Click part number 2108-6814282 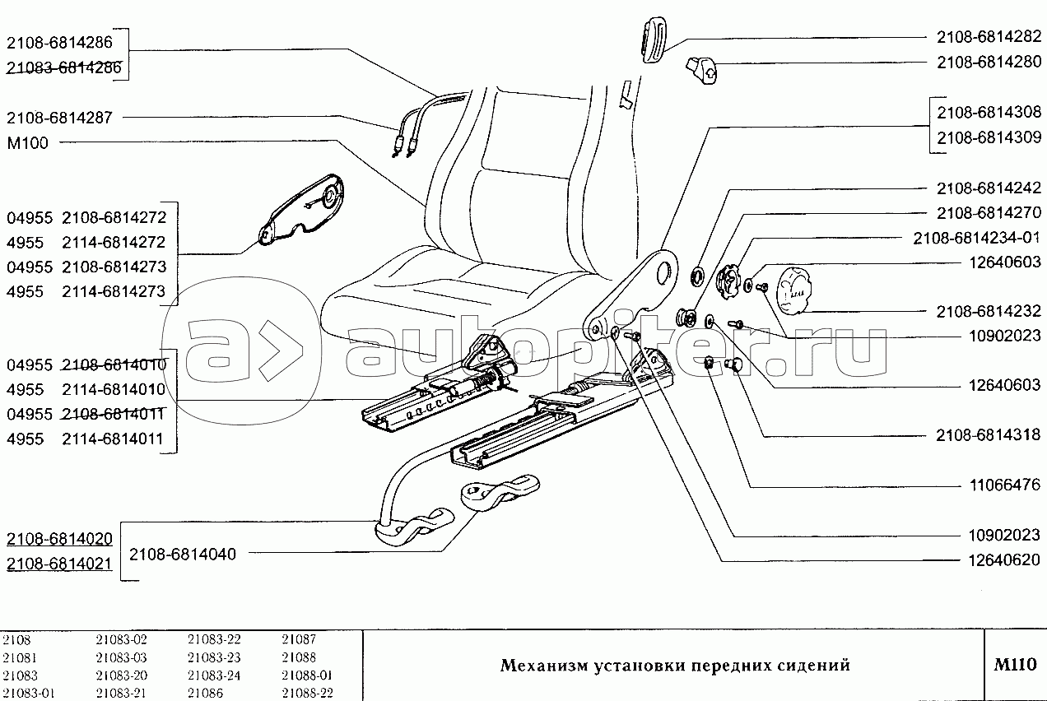pos(989,37)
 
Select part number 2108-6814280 pos(989,63)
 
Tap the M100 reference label pos(28,143)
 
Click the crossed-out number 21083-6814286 pos(64,67)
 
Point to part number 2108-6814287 pos(59,118)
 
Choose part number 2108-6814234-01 pos(977,239)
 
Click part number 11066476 pos(1005,485)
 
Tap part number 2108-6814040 pos(182,555)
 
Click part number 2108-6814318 pos(989,435)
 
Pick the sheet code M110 pos(1015,664)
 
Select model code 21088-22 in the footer pos(307,693)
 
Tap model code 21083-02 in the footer pos(122,639)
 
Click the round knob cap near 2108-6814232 pos(793,290)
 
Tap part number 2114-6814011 pos(113,439)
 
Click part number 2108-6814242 pos(989,188)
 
